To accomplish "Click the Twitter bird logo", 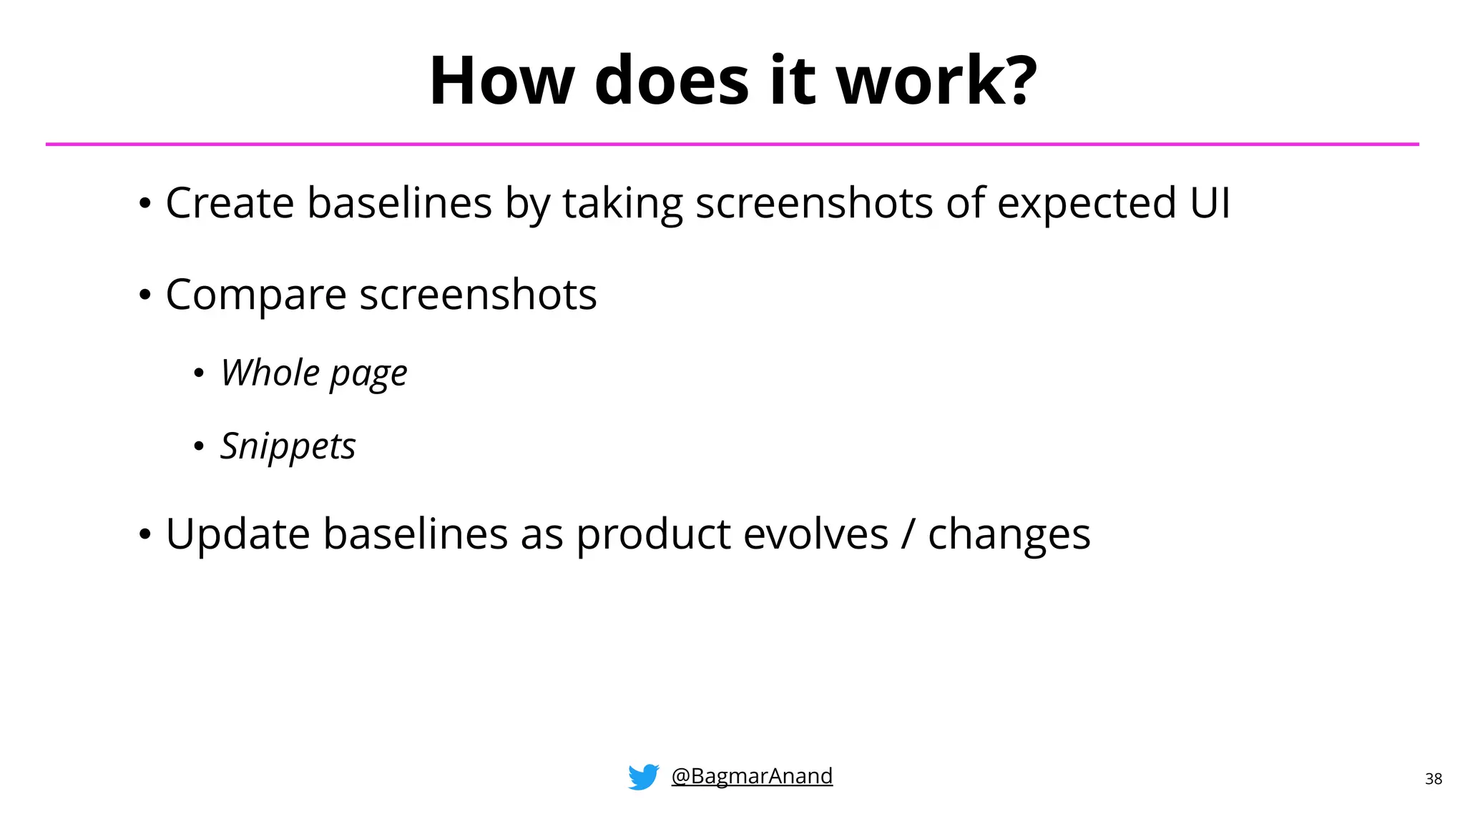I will (x=643, y=777).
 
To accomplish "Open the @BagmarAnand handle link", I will (x=752, y=775).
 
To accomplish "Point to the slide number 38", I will (x=1433, y=779).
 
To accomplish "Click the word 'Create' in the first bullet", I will (x=229, y=202).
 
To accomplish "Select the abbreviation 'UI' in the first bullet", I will (x=1210, y=202).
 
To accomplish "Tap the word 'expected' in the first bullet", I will (x=1086, y=204).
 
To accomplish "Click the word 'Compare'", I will (x=255, y=295).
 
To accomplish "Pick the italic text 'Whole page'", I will (x=313, y=373).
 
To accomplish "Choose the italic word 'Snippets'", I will (x=288, y=447).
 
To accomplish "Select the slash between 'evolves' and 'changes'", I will (x=908, y=534).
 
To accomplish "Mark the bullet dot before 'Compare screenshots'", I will (x=145, y=295).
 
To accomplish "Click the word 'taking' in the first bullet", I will (x=622, y=204).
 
